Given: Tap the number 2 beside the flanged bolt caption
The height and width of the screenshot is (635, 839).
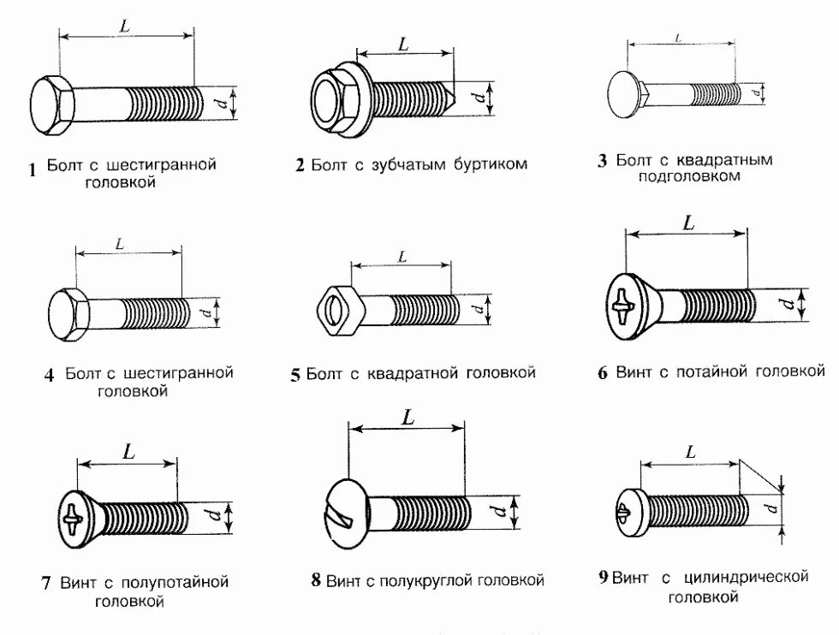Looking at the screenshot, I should [300, 165].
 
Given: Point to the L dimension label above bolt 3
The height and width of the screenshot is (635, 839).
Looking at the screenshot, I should [678, 38].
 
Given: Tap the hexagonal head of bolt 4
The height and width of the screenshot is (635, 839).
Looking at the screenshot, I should [67, 311].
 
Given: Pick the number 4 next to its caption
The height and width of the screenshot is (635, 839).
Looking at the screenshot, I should [49, 375].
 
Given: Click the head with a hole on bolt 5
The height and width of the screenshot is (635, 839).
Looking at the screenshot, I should [336, 306].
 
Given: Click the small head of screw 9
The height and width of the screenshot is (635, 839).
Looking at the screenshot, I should [628, 512].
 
